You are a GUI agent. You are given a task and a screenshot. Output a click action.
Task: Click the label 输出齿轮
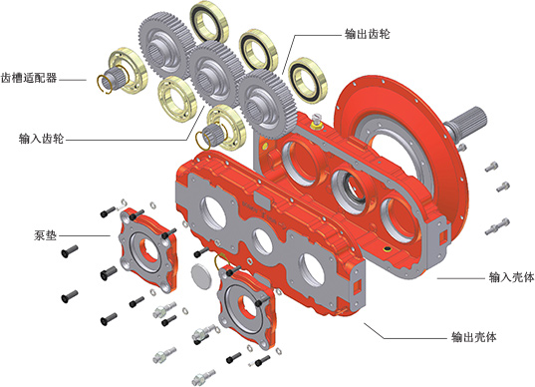click(368, 34)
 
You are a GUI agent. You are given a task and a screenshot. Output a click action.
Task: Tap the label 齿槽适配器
click(29, 78)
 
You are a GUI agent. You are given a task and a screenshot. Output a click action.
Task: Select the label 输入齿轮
click(41, 139)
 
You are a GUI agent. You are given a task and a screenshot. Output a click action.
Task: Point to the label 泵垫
click(45, 235)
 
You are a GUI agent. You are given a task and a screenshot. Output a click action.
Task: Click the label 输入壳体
click(511, 277)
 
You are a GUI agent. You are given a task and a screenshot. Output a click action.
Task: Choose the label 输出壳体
click(473, 337)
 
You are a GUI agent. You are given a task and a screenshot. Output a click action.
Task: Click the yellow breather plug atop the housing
click(317, 122)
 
